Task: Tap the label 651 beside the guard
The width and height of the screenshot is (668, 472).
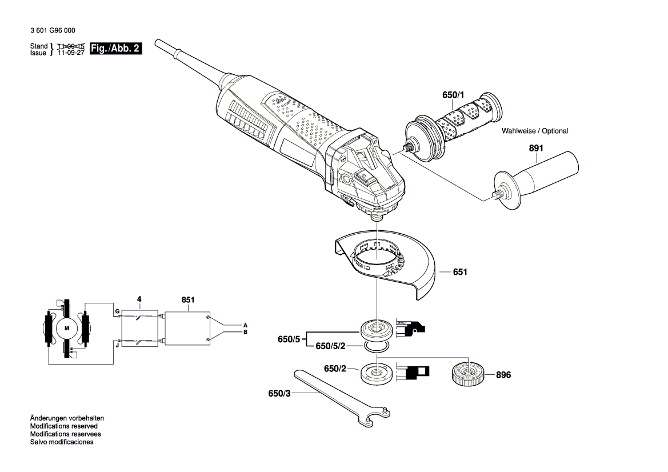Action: [x=460, y=273]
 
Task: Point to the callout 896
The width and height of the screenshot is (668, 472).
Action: [x=503, y=375]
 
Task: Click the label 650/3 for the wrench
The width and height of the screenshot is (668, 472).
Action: [x=279, y=393]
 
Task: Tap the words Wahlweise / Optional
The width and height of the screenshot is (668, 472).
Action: [x=535, y=131]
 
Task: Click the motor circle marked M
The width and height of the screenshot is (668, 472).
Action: [x=67, y=328]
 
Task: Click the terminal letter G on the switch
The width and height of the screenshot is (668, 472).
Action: [x=117, y=311]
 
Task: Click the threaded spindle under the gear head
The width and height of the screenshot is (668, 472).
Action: [x=377, y=216]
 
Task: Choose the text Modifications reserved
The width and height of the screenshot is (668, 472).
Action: [x=63, y=426]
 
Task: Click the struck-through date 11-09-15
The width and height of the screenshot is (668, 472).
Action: [x=71, y=46]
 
